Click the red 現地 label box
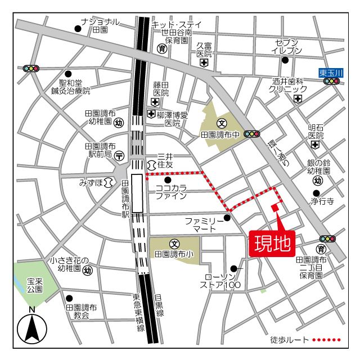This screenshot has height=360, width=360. click(272, 244)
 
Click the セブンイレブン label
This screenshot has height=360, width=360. click(289, 47)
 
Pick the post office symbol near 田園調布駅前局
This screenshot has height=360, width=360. click(119, 155)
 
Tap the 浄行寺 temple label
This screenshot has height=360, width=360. click(323, 200)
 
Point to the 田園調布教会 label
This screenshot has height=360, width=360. click(82, 312)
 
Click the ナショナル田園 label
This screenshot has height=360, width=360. click(100, 25)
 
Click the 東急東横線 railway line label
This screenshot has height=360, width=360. click(138, 312)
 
